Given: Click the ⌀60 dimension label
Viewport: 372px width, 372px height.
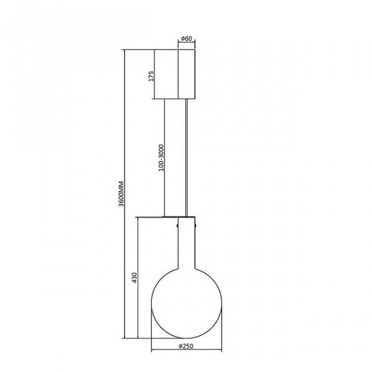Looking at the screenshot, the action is coord(187,38).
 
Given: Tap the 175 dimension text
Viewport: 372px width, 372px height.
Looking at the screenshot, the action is coord(151,76).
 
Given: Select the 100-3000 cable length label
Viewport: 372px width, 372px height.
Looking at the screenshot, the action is coord(161,157).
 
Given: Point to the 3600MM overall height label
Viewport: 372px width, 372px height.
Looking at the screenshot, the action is coord(122,194).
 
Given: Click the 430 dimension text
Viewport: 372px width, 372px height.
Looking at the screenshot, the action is coord(135,278).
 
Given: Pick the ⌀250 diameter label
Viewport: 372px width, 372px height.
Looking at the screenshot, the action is coord(186,346).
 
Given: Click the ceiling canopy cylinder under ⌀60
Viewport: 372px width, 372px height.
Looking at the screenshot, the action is coord(187,74).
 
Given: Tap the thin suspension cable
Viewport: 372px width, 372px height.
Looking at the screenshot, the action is coord(187,157).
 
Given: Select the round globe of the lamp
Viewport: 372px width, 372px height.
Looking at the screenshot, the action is coord(187,303).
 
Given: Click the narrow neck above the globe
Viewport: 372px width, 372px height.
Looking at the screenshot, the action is coord(187,243).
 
